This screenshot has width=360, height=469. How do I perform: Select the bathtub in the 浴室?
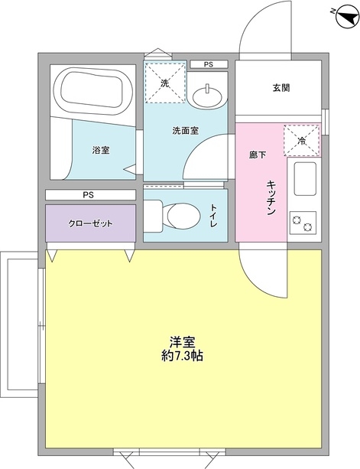click(91, 91)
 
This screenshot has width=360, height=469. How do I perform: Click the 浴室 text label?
click(100, 150)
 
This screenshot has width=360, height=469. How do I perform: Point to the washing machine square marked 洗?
click(165, 82)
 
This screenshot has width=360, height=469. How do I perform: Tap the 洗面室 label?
click(185, 130)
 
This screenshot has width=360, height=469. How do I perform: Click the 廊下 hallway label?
click(258, 155)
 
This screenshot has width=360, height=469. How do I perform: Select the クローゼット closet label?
click(91, 223)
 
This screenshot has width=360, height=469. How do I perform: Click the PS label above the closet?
click(89, 195)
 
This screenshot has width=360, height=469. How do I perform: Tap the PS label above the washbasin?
click(208, 64)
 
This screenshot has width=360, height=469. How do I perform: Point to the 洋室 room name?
click(182, 340)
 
